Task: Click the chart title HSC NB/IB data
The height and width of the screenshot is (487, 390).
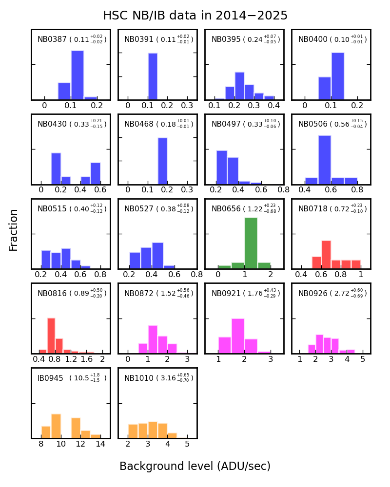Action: [195, 16]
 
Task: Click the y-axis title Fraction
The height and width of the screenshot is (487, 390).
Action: [14, 230]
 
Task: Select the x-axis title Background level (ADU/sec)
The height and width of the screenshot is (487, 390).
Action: [195, 466]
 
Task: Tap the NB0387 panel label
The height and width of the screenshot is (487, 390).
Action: [52, 39]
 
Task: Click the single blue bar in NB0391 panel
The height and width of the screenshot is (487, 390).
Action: [153, 76]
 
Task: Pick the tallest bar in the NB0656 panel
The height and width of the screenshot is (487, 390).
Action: [251, 243]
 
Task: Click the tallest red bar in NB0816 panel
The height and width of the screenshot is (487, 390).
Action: [51, 335]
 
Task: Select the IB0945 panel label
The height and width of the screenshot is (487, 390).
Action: [50, 378]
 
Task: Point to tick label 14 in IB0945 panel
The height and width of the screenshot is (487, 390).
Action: [100, 444]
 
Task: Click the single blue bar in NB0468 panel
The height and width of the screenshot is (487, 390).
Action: [162, 161]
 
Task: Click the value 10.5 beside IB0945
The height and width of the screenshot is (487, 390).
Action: [80, 378]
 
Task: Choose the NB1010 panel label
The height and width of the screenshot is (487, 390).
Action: [138, 378]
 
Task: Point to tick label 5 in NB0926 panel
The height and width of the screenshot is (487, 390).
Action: [362, 359]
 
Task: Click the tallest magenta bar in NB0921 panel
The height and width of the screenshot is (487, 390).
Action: [238, 336]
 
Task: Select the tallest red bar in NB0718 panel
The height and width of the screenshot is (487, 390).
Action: [326, 254]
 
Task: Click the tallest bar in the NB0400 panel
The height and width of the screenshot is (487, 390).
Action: [338, 76]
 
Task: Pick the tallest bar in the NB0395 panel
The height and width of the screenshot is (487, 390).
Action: [239, 86]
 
